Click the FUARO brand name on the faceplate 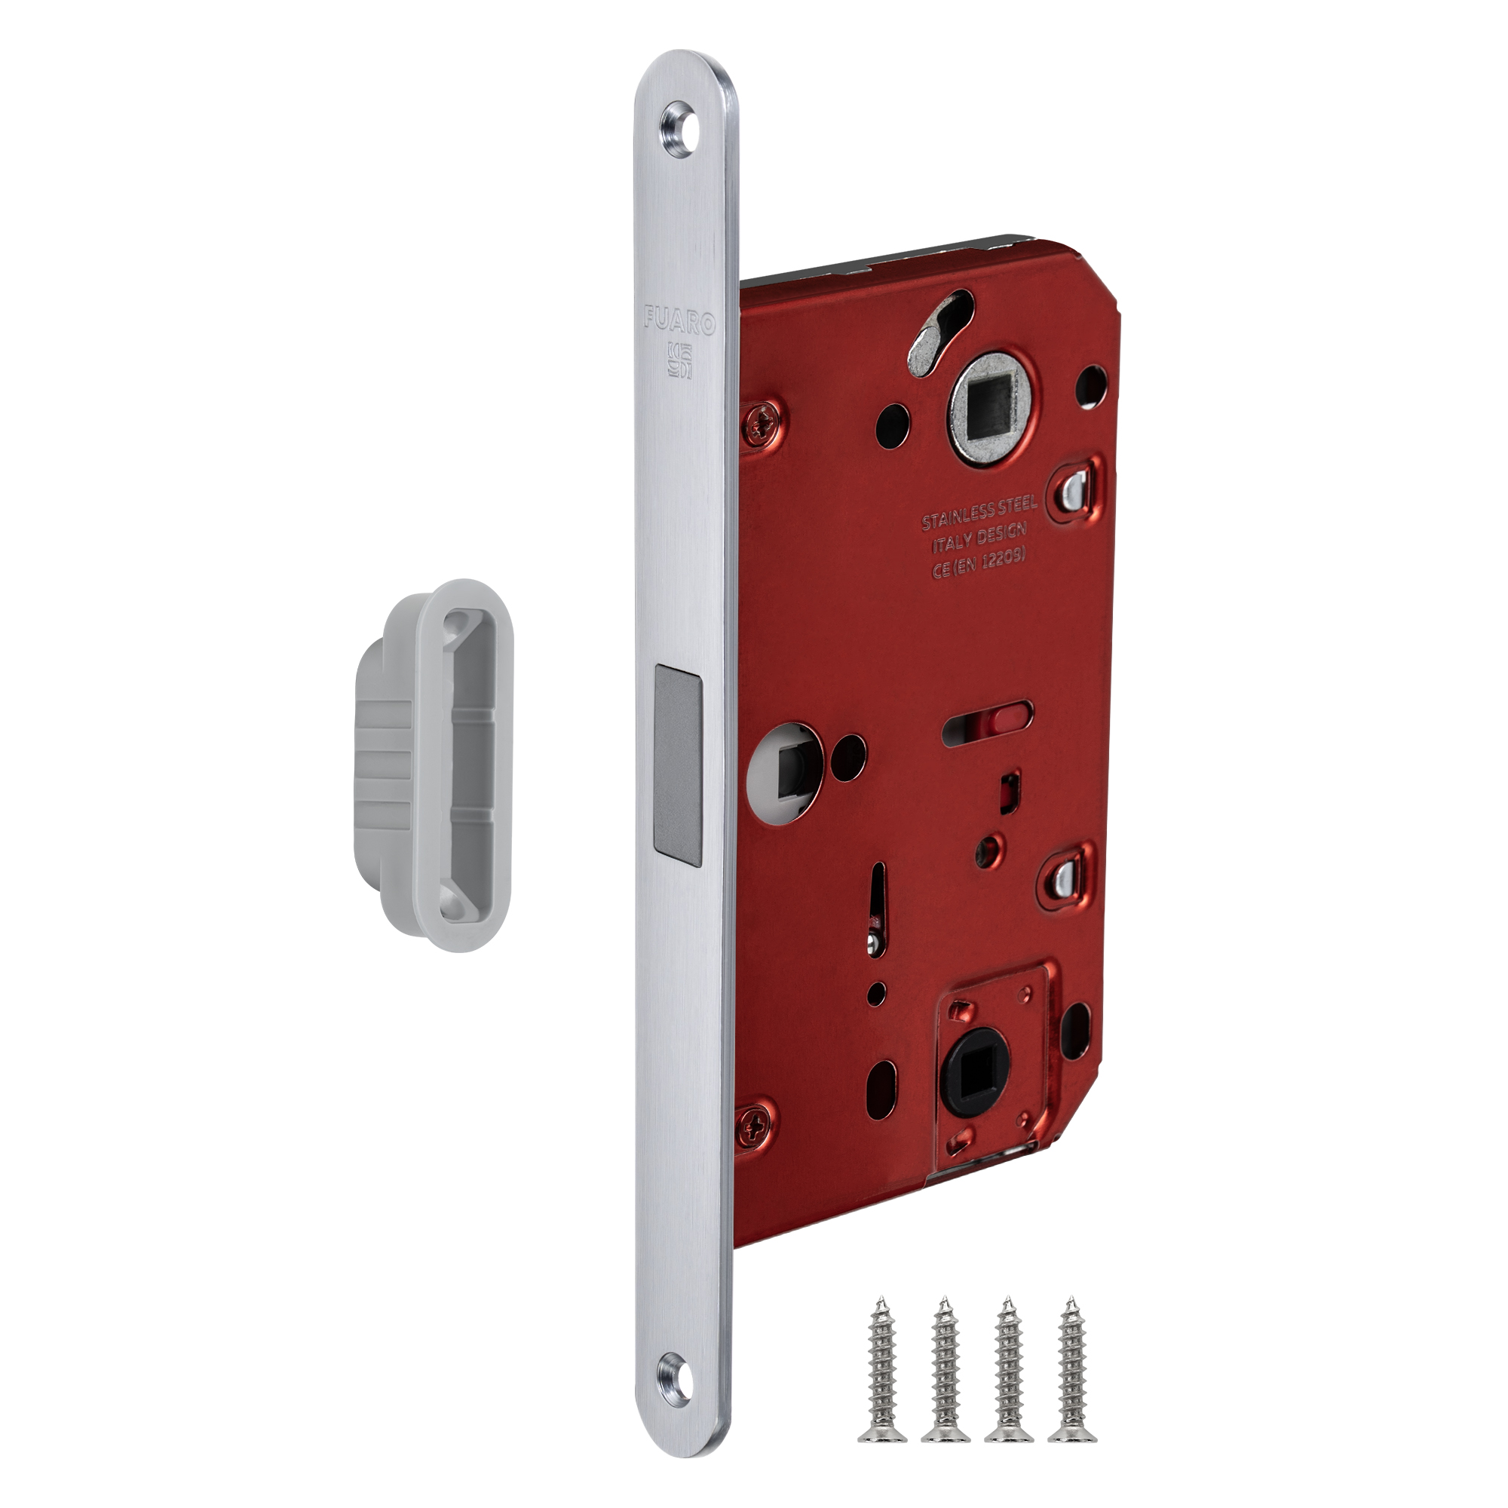pyautogui.click(x=680, y=320)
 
